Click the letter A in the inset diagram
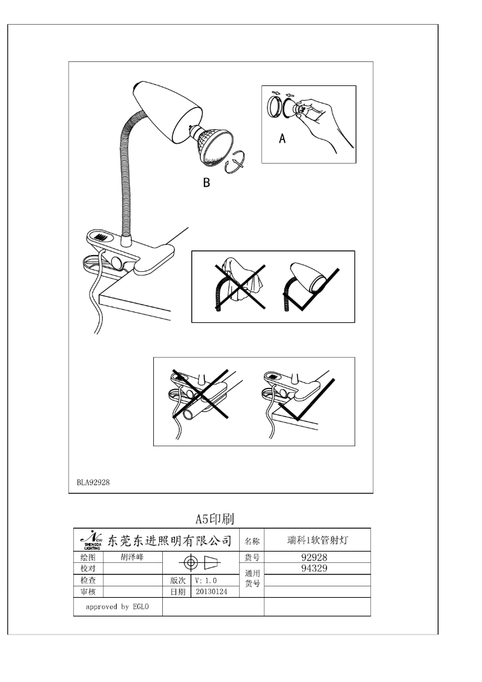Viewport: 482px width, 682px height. (281, 139)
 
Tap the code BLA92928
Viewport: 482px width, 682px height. (93, 482)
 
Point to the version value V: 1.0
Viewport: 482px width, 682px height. (206, 580)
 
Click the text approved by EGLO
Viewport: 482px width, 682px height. (116, 607)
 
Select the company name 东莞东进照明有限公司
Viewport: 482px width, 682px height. (169, 541)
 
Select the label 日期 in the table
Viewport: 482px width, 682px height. (177, 592)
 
